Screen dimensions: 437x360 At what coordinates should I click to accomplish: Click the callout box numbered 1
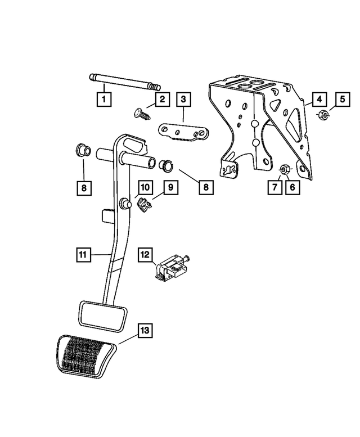(103, 101)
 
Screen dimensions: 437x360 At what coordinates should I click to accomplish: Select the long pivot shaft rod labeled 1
(124, 83)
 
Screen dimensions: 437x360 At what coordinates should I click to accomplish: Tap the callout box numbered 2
(161, 100)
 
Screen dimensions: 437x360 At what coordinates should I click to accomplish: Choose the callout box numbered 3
(183, 100)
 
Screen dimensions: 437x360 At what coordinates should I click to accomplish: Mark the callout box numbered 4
(318, 100)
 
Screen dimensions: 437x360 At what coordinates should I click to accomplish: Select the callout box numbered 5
(341, 100)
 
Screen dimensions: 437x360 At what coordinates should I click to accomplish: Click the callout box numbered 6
(292, 187)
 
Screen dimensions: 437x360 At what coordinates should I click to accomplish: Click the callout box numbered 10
(145, 186)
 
